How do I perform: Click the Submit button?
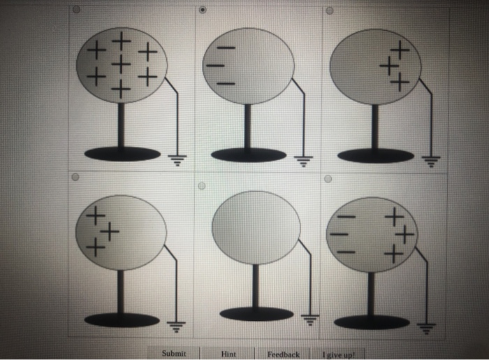coord(173,354)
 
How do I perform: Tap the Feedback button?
coord(283,354)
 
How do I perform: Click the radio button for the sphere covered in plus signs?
coord(76,10)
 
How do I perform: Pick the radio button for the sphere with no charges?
coord(201,186)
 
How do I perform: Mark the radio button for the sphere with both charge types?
coord(328,179)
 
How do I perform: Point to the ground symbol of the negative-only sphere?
coord(303,160)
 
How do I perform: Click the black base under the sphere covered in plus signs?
coord(122,154)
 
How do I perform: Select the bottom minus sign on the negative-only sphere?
coord(225,81)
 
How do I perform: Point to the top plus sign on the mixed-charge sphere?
coord(395,217)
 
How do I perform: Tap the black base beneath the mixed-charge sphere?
coord(372,322)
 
